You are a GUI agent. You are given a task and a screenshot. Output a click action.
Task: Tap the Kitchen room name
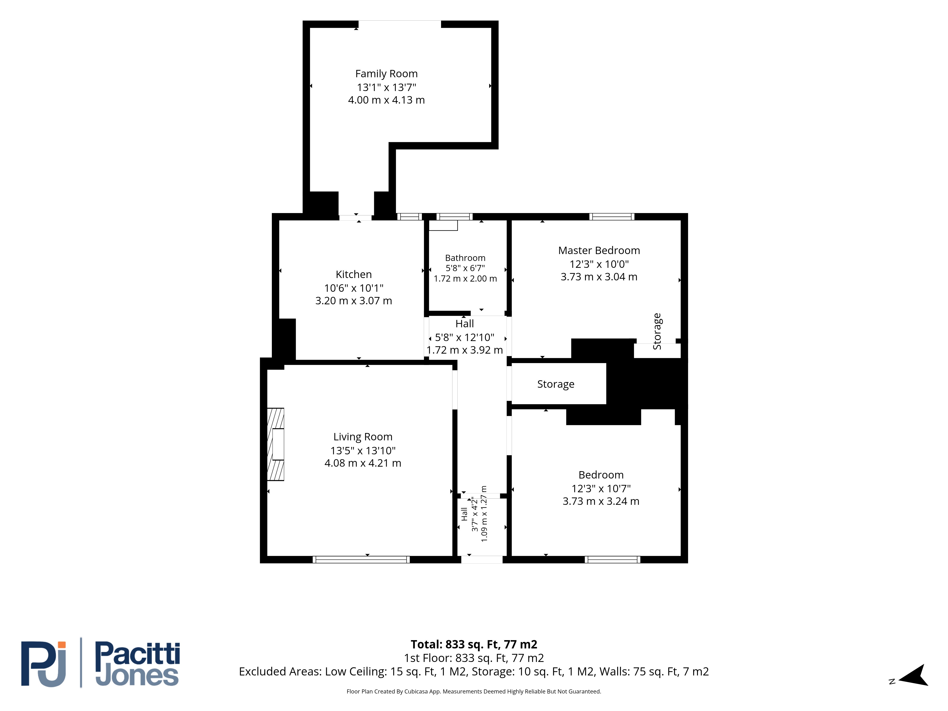pyautogui.click(x=354, y=274)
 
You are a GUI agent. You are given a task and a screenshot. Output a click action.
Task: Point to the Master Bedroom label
pyautogui.click(x=599, y=250)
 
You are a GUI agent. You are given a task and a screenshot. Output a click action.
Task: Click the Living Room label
pyautogui.click(x=363, y=437)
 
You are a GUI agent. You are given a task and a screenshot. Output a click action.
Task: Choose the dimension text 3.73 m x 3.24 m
pyautogui.click(x=601, y=501)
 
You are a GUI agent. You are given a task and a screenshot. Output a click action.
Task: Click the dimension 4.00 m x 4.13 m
pyautogui.click(x=386, y=100)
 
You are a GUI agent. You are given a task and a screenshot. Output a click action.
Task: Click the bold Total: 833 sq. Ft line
pyautogui.click(x=474, y=644)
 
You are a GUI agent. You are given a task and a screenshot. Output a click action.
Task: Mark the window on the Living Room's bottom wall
pyautogui.click(x=361, y=559)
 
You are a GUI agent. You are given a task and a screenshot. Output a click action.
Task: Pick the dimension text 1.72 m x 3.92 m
pyautogui.click(x=465, y=350)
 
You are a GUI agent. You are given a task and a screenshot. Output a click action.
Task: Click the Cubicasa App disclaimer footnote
pyautogui.click(x=474, y=691)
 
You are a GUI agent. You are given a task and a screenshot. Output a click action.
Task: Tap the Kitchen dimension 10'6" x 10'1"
pyautogui.click(x=354, y=288)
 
